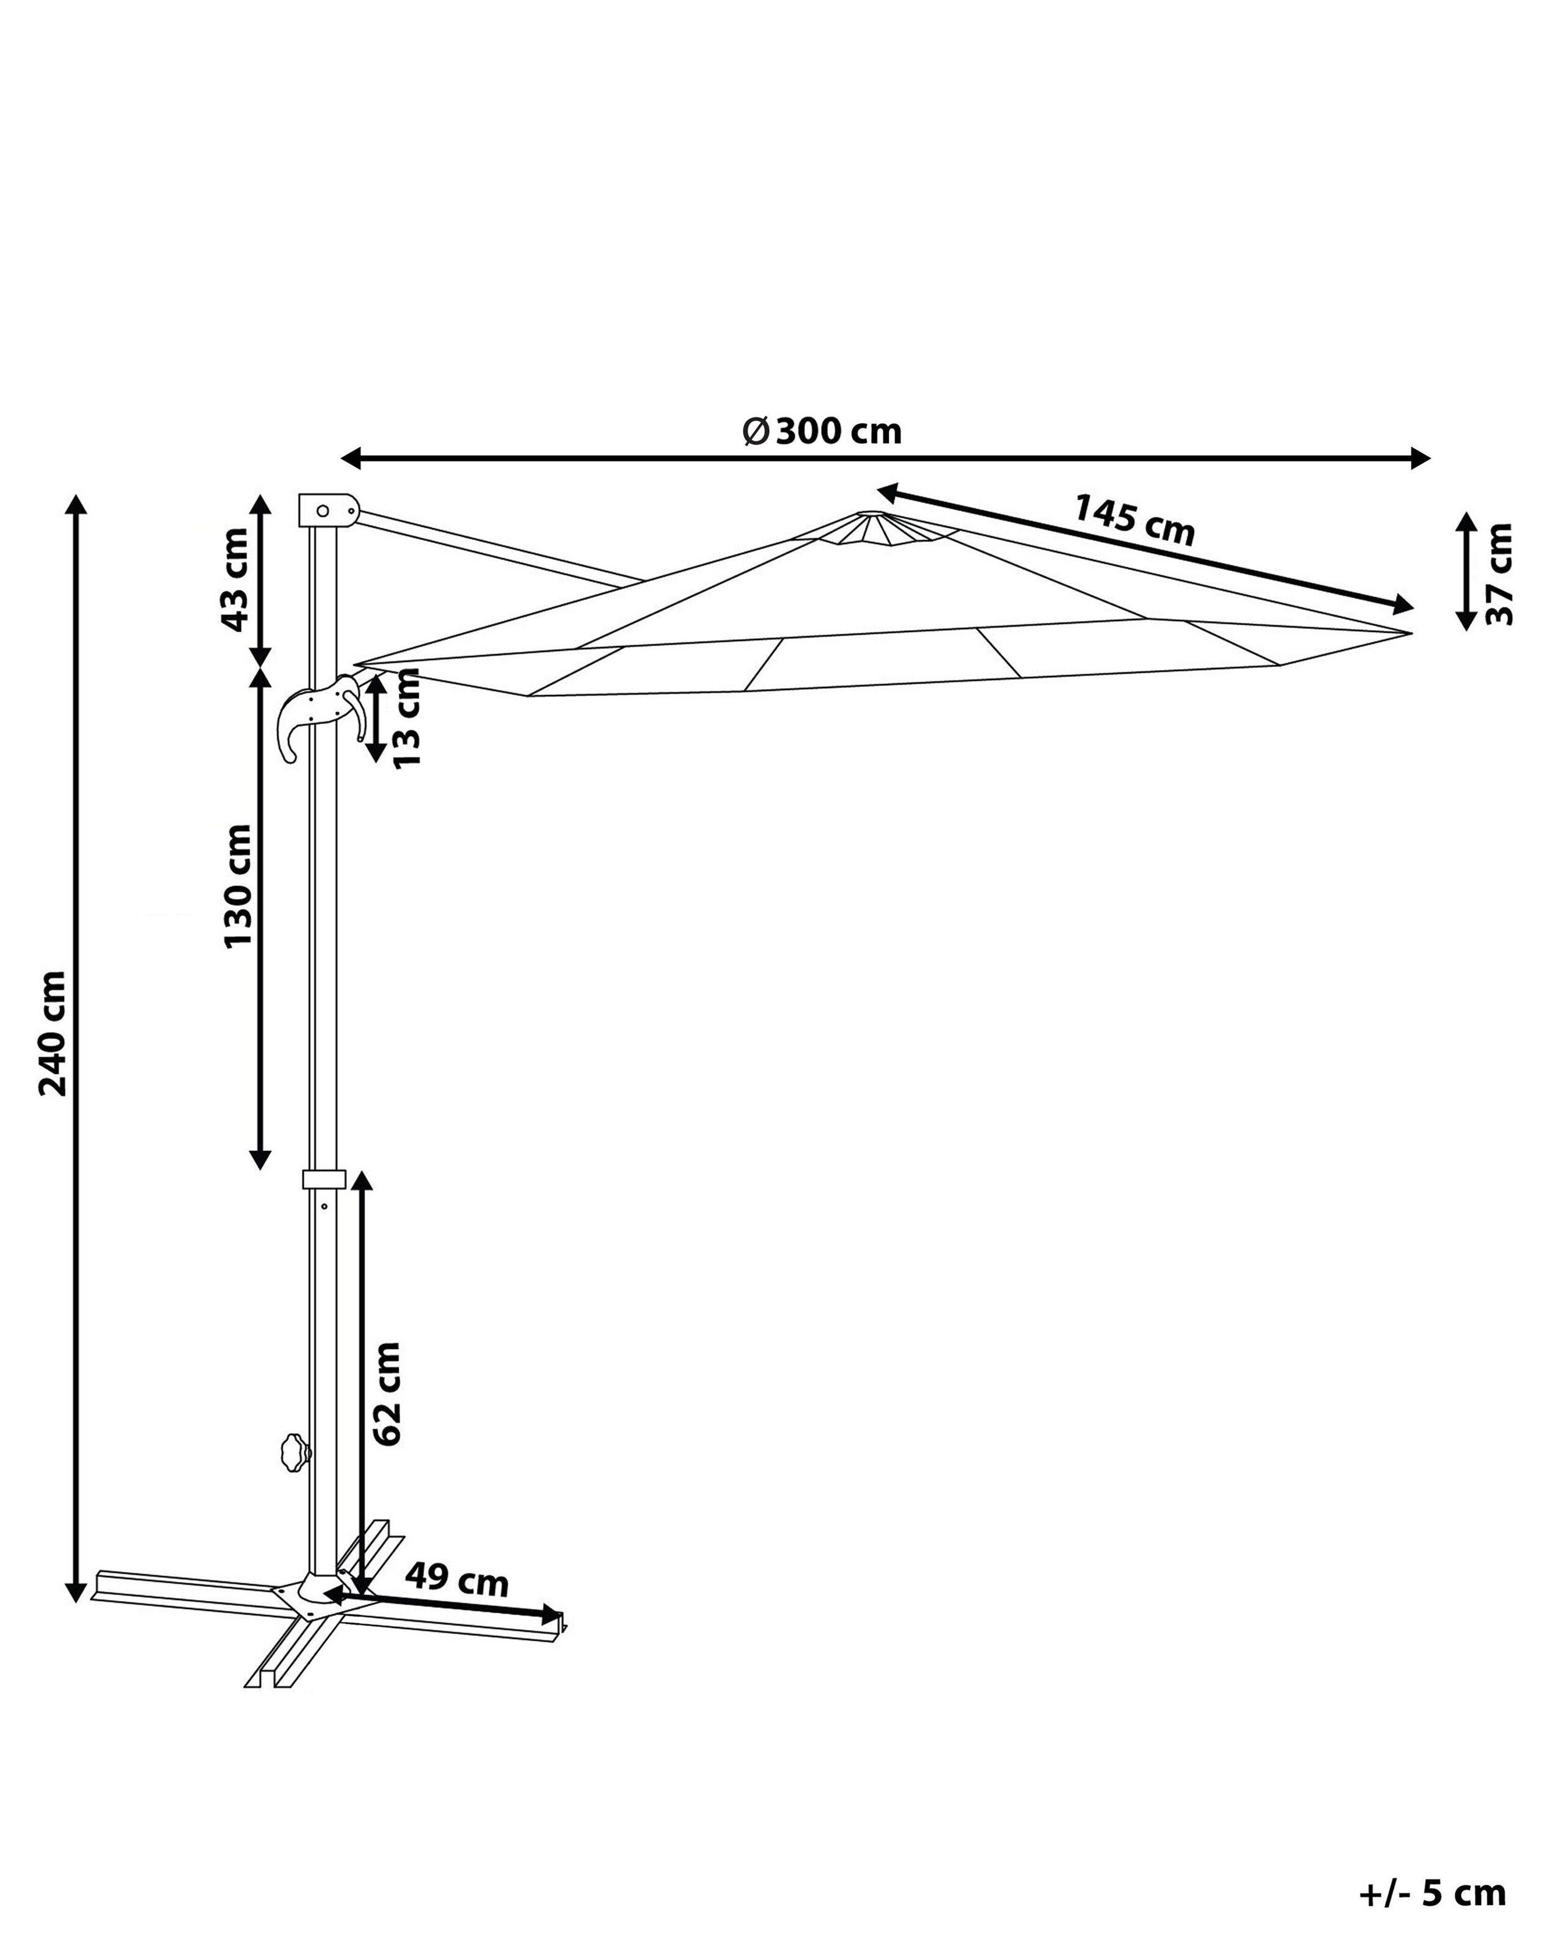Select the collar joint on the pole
point(324,1178)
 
